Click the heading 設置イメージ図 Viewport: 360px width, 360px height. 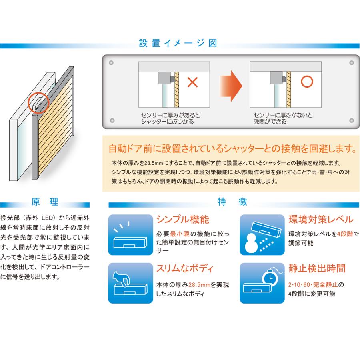point(178,43)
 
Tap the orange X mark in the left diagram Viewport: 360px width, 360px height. point(193,83)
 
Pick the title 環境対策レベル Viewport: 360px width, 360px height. point(320,220)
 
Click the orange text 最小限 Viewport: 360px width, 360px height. point(179,234)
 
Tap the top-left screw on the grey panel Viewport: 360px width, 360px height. point(112,62)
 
